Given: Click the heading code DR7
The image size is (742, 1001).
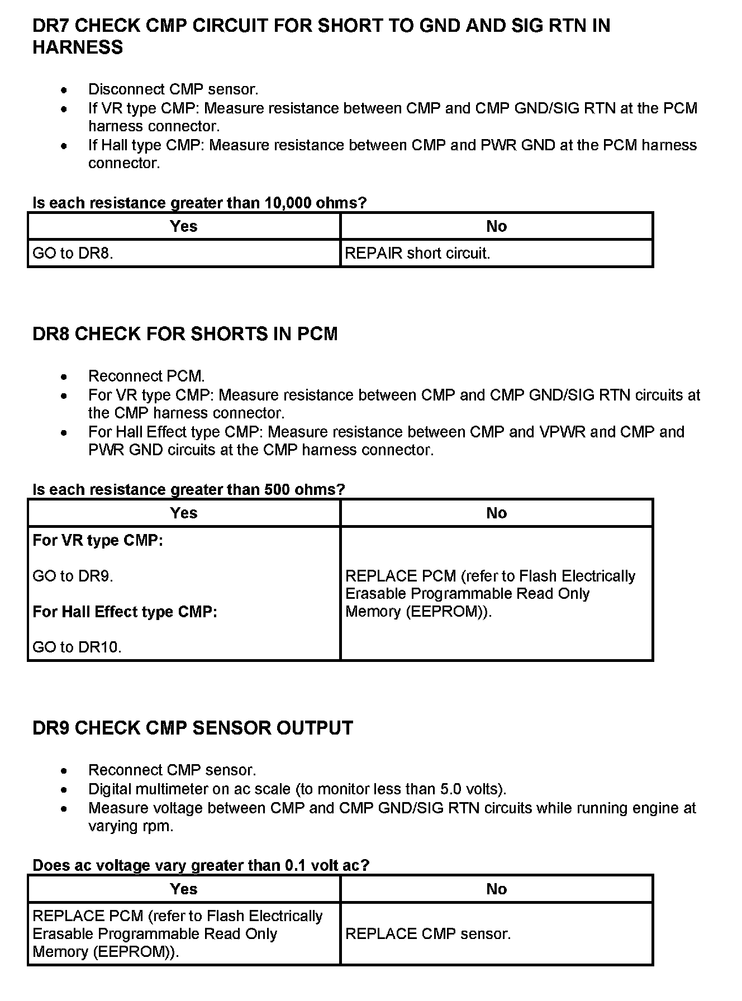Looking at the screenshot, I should pos(51,26).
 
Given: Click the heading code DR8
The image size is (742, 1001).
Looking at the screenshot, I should pos(51,334).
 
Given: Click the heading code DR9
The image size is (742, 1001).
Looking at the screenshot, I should pos(51,728).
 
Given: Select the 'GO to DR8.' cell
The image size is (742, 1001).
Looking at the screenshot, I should pos(73,254).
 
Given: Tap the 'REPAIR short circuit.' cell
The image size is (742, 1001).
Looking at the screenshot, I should pos(417,254).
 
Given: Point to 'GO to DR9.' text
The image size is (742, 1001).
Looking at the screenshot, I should pos(73,576).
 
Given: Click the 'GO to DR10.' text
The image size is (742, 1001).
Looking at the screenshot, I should pos(77,647).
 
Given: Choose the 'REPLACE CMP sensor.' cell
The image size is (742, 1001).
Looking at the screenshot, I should pos(428,934).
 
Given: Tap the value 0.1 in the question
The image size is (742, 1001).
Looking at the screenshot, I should pos(294,866).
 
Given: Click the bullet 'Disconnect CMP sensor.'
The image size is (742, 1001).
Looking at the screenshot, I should pos(173,89).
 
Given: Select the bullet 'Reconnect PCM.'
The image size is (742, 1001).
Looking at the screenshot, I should pos(146,376).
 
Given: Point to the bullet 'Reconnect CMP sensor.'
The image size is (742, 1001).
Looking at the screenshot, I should pos(172,770).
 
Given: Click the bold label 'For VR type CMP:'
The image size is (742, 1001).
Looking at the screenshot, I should pos(98,541).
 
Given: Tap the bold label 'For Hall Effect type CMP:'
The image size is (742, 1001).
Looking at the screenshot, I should pos(125,612).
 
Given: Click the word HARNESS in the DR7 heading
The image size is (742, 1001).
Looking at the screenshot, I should pos(78,48).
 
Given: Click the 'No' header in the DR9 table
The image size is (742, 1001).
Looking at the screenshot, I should pos(496,889).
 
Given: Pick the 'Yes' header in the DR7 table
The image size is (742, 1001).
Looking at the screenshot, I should pos(184,226).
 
